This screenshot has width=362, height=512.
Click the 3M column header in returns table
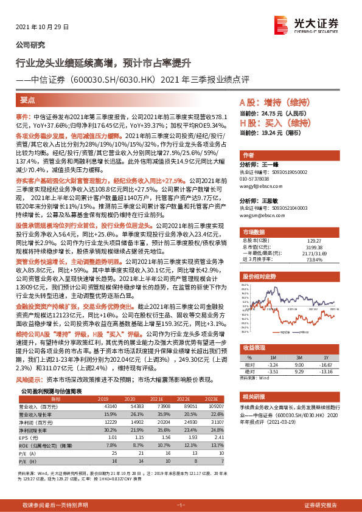[x=298, y=357]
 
